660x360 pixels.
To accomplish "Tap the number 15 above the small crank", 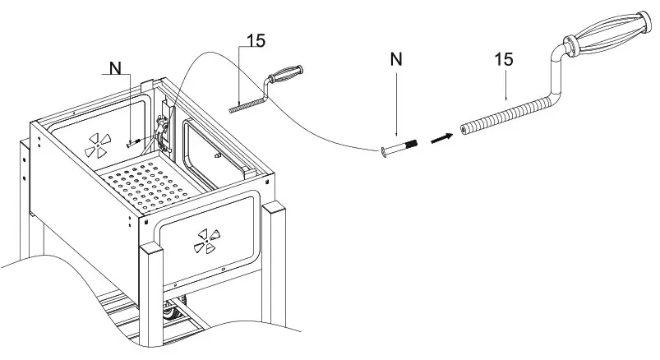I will tap(255, 41).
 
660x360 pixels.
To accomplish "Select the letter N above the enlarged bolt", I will tap(396, 58).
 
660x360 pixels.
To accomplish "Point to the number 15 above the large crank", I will tap(505, 59).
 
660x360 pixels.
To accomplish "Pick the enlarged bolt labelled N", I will tap(401, 147).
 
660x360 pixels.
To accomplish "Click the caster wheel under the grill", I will tap(173, 314).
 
